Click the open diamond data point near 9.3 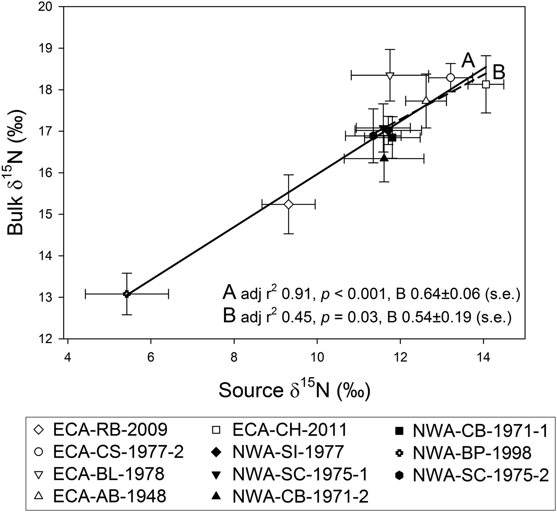coord(288,204)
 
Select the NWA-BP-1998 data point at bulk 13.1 coord(127,294)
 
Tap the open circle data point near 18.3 coord(450,78)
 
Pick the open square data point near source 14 coord(486,84)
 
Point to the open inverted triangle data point coord(390,75)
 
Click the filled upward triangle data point coord(384,158)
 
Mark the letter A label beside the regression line coord(468,61)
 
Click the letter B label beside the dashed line coord(499,72)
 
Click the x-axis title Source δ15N coord(294,390)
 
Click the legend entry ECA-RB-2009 coord(110,430)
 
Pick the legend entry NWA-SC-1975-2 coord(481,475)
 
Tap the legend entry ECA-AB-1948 coord(109,496)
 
